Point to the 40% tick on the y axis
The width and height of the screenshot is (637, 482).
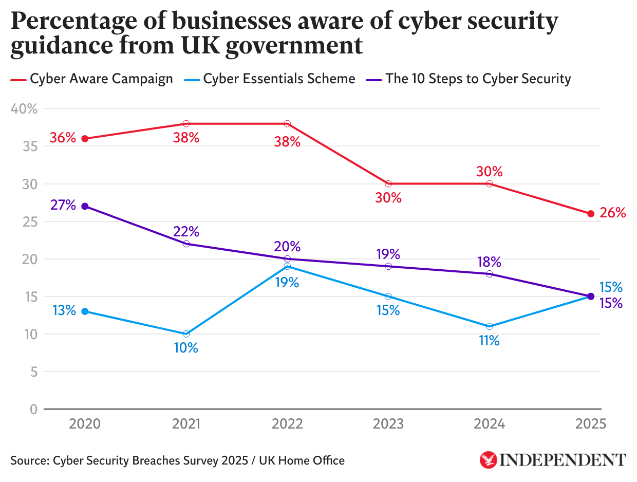[x=23, y=109]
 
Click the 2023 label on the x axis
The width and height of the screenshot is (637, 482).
[x=388, y=424]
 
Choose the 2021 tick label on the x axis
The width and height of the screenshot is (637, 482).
[x=186, y=424]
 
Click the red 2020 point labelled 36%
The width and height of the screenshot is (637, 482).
[x=85, y=139]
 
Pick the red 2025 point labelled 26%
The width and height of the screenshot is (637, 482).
[x=591, y=214]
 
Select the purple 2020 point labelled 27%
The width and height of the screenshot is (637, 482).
[x=85, y=206]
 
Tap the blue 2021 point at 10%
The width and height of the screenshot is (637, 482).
[x=186, y=334]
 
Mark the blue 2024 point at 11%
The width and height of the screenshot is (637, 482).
[x=490, y=326]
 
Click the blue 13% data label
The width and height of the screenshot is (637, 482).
[x=64, y=310]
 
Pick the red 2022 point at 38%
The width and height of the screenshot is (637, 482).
[x=287, y=124]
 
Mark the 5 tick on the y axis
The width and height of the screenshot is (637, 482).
[x=33, y=372]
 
